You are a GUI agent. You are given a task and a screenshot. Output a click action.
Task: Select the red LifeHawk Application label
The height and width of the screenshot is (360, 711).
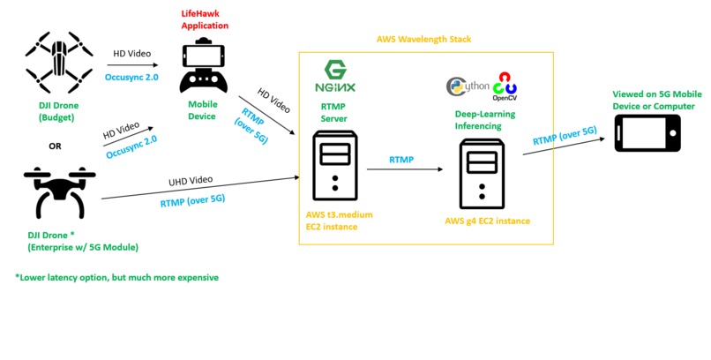[x=204, y=20]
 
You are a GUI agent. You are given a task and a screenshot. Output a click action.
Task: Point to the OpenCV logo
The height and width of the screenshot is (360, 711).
[x=505, y=85]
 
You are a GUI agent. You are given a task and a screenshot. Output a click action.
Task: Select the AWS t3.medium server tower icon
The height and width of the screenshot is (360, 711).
[x=333, y=166]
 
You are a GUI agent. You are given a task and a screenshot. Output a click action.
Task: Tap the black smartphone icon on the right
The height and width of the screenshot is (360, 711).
[x=647, y=134]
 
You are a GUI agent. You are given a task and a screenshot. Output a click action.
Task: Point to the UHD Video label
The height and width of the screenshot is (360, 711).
[x=191, y=180]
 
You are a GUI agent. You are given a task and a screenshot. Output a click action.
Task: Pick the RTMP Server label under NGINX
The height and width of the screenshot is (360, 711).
[x=333, y=112]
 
